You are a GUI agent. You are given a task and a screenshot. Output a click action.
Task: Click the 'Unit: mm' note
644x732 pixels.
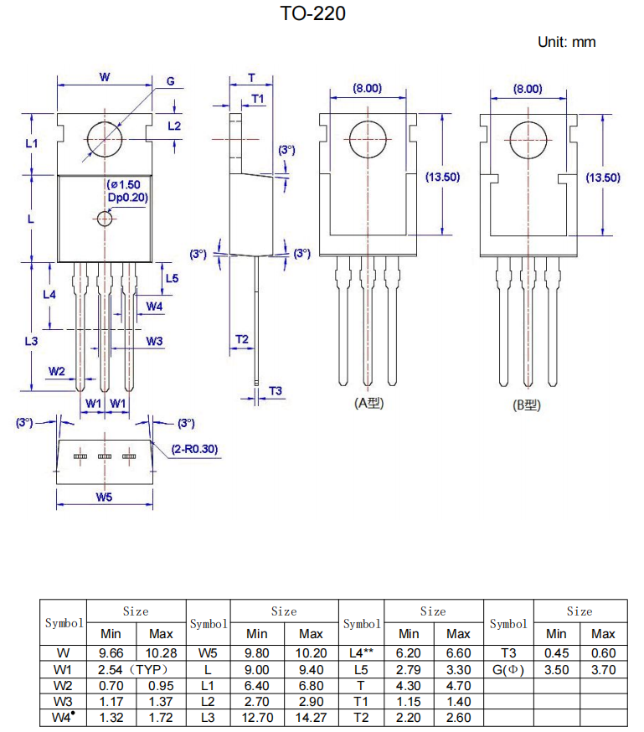point(566,42)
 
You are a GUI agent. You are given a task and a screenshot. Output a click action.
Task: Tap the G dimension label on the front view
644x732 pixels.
point(170,81)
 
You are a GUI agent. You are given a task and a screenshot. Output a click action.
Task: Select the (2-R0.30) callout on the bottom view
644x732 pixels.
point(195,449)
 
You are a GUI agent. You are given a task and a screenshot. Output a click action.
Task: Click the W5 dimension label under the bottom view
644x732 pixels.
point(104,497)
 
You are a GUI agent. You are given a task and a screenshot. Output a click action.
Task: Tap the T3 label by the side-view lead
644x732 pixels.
point(276,391)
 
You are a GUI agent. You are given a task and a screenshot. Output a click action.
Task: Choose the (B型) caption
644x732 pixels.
point(527,405)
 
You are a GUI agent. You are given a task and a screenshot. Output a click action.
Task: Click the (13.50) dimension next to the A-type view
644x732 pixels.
point(443,177)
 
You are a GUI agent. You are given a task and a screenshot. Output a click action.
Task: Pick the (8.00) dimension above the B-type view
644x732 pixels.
point(528,89)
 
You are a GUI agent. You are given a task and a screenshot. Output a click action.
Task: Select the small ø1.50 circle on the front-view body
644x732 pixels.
point(105,219)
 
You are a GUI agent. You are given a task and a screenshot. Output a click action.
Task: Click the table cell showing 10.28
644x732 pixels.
point(161,652)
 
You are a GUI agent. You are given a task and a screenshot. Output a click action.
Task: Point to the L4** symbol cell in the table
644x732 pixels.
point(361,652)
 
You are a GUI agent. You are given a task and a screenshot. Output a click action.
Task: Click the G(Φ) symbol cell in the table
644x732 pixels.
point(508,669)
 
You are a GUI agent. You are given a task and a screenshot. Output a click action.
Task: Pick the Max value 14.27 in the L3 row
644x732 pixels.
point(311,717)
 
